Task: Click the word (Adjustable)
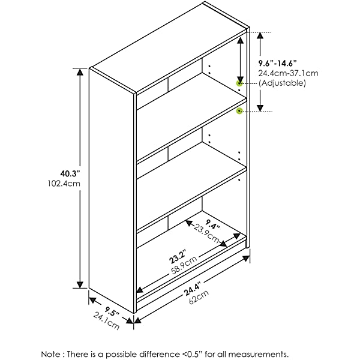(x=282, y=83)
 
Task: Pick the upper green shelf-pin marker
(x=239, y=84)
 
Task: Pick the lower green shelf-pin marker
(x=239, y=111)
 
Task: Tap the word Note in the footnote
(x=51, y=353)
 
